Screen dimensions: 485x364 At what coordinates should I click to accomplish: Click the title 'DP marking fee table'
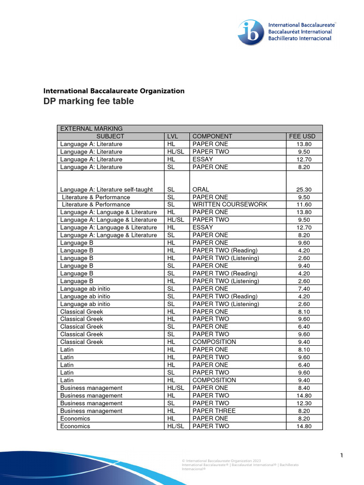[89, 101]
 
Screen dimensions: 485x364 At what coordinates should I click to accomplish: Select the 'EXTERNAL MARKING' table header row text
[91, 128]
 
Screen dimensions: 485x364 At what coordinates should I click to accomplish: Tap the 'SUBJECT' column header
[110, 136]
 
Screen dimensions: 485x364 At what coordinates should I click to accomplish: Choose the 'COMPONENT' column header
[212, 136]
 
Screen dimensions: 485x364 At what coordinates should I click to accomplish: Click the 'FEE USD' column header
[302, 136]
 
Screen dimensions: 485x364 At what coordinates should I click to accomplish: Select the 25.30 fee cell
[304, 189]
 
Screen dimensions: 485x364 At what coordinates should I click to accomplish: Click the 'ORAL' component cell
[201, 189]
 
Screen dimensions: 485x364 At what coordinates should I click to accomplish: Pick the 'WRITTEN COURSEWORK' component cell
[230, 205]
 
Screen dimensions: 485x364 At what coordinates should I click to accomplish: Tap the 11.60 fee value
[304, 205]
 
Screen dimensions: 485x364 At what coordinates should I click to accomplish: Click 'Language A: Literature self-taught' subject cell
[107, 189]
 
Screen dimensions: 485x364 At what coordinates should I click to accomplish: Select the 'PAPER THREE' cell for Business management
[214, 411]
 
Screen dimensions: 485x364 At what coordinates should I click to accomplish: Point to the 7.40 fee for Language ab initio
[304, 288]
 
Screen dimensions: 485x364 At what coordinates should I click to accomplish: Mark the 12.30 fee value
[304, 403]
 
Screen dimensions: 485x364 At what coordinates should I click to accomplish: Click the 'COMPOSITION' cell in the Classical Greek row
[214, 342]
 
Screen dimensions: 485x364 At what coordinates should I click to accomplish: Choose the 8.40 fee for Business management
[304, 388]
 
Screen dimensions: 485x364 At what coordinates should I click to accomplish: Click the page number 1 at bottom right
[341, 456]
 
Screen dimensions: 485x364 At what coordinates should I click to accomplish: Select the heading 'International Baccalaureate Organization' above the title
[114, 91]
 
